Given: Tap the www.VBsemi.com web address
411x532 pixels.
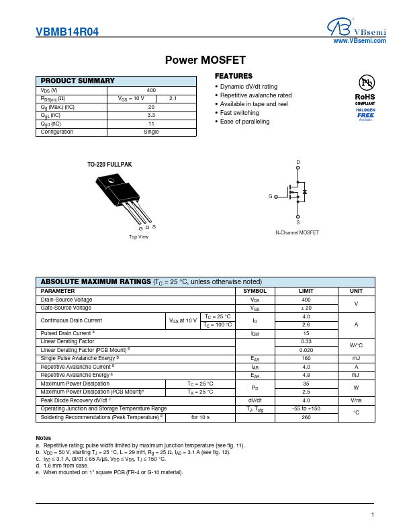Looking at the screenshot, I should tap(360, 41).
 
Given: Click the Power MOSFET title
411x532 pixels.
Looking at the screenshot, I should tap(205, 60).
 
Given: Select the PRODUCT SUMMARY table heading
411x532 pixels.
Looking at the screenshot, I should tap(78, 81).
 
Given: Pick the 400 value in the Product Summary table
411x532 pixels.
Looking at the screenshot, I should tap(151, 90).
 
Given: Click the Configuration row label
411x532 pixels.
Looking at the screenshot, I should tap(57, 132).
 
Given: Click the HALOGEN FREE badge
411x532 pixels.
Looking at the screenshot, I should tap(365, 114).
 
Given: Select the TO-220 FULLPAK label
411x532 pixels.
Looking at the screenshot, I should tap(109, 165).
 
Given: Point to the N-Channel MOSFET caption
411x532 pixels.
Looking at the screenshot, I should tap(298, 232).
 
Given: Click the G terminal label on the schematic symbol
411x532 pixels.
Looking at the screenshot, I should tap(271, 196).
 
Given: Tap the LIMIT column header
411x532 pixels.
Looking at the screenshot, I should tap(306, 291).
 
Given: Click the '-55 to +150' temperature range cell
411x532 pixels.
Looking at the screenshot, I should tap(306, 408).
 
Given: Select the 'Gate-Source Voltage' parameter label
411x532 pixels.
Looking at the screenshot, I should tap(66, 308).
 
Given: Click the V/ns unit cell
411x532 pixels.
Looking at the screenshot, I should tap(356, 400).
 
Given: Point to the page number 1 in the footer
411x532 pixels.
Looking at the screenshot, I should tap(371, 515).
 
